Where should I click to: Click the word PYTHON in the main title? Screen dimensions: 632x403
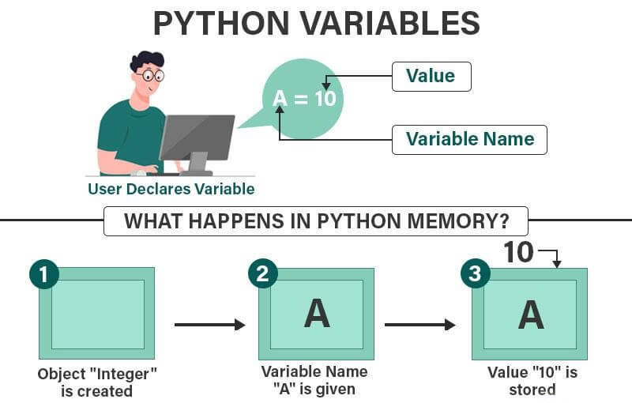[221, 24]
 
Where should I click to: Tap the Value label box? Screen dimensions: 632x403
[431, 77]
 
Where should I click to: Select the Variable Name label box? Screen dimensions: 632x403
[469, 140]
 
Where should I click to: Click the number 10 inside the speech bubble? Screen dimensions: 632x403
[325, 98]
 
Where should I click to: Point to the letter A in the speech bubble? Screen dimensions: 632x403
[280, 98]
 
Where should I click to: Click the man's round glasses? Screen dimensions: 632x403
[152, 75]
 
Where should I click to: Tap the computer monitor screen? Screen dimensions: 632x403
[197, 137]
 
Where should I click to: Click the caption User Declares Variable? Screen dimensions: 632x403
[171, 189]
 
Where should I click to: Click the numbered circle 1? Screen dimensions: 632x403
[44, 274]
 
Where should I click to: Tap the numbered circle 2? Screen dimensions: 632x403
[263, 273]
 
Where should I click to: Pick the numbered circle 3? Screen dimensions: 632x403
[476, 273]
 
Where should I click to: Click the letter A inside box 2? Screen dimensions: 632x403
[317, 314]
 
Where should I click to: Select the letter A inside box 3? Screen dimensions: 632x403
[531, 314]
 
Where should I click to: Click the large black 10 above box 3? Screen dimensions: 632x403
[518, 253]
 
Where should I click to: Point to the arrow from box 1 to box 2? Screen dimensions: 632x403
[210, 325]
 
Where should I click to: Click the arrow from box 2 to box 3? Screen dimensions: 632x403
[420, 325]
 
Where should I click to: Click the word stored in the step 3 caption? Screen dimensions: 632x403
[532, 390]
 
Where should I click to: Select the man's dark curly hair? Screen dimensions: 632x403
[147, 60]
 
